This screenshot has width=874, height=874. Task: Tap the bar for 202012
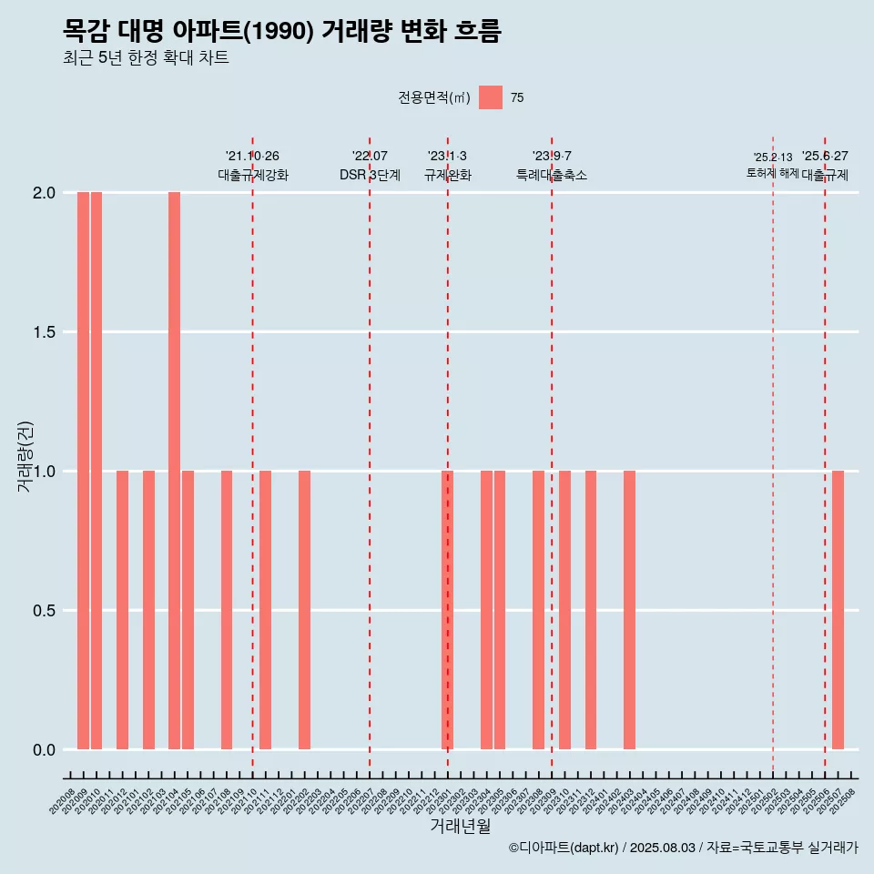122,610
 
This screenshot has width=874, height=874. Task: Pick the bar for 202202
304,610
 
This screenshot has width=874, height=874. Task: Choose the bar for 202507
838,610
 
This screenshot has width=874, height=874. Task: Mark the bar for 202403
629,610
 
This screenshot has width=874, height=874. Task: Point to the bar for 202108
227,610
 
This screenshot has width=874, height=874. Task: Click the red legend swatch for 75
491,97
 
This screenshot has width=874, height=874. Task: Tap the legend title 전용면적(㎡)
433,98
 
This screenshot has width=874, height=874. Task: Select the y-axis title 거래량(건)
25,456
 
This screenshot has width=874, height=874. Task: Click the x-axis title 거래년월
460,827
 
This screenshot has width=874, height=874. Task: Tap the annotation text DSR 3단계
370,175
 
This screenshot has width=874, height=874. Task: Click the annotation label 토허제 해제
772,173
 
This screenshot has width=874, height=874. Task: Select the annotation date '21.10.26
252,157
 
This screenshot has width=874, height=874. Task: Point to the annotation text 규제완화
447,175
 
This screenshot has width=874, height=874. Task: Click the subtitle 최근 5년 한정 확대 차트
146,58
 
